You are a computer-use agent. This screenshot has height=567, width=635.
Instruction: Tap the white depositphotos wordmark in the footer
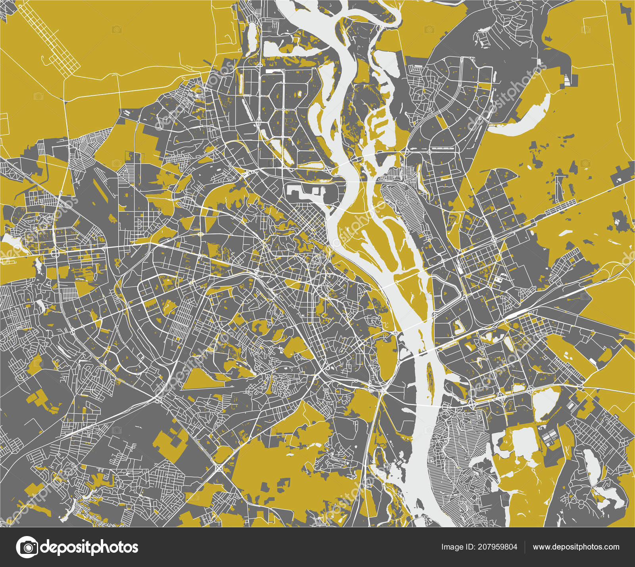click(x=90, y=547)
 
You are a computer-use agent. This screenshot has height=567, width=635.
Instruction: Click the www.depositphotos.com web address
click(x=576, y=547)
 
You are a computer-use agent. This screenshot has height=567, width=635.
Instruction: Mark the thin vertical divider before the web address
click(x=525, y=547)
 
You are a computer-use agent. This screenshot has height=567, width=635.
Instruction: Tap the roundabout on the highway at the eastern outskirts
click(x=580, y=386)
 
